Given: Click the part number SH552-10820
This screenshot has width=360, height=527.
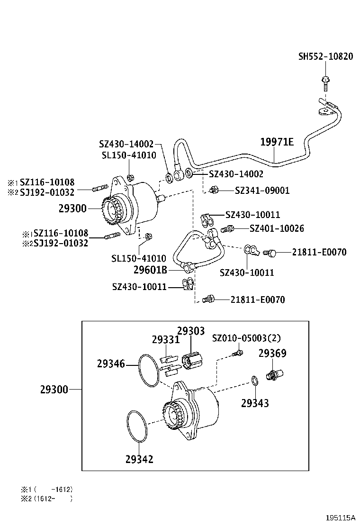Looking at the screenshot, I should click(325, 56).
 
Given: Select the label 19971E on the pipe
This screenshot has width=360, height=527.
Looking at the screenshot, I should click(277, 142).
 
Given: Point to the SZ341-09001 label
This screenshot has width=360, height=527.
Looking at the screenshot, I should click(262, 191).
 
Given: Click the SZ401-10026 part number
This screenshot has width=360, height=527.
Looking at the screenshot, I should click(277, 228).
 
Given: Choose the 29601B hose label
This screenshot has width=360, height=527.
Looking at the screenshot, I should click(150, 270).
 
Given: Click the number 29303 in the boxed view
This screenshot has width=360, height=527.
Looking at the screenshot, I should click(191, 331).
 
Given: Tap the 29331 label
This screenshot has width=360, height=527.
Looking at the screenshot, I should click(166, 340).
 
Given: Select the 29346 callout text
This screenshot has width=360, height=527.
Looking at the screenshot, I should click(111, 364).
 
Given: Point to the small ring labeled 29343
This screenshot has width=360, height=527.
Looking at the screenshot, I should click(255, 381).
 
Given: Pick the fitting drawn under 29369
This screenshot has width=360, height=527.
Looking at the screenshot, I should click(273, 374).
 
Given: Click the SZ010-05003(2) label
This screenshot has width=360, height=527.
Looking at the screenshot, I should click(246, 338).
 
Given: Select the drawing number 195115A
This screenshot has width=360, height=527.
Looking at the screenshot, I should click(340, 518).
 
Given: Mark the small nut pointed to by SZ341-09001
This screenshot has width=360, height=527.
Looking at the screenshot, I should click(214, 190).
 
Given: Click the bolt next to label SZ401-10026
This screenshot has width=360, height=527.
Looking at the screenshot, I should click(228, 229).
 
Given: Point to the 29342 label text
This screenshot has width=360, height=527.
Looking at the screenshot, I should click(139, 459).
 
